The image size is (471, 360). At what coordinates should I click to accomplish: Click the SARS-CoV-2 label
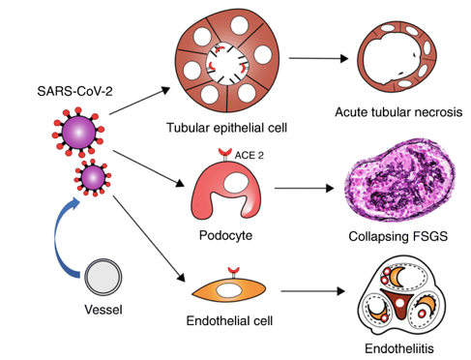click(74, 91)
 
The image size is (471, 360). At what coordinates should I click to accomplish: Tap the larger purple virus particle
click(78, 133)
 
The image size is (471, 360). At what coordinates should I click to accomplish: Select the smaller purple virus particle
click(93, 178)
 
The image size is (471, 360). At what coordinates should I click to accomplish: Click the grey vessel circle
click(103, 277)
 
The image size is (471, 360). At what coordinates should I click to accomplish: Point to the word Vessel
click(103, 310)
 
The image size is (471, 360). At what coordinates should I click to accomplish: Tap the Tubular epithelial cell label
click(226, 128)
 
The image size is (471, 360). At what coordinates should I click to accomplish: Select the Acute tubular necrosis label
click(398, 112)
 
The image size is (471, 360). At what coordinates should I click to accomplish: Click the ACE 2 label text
click(249, 156)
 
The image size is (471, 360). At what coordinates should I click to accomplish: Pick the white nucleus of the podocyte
click(236, 183)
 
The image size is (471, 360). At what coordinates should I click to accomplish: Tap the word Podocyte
click(225, 235)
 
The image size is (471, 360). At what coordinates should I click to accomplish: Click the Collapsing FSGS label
click(398, 236)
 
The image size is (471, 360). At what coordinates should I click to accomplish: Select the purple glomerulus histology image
click(399, 181)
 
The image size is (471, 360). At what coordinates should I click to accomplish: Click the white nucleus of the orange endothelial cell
click(229, 290)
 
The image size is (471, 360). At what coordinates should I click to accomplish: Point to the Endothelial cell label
click(229, 321)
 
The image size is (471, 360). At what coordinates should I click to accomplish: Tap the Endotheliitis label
click(399, 348)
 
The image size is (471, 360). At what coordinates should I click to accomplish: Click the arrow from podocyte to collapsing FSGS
click(304, 188)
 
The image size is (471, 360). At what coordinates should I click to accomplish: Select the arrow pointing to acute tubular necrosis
click(318, 58)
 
